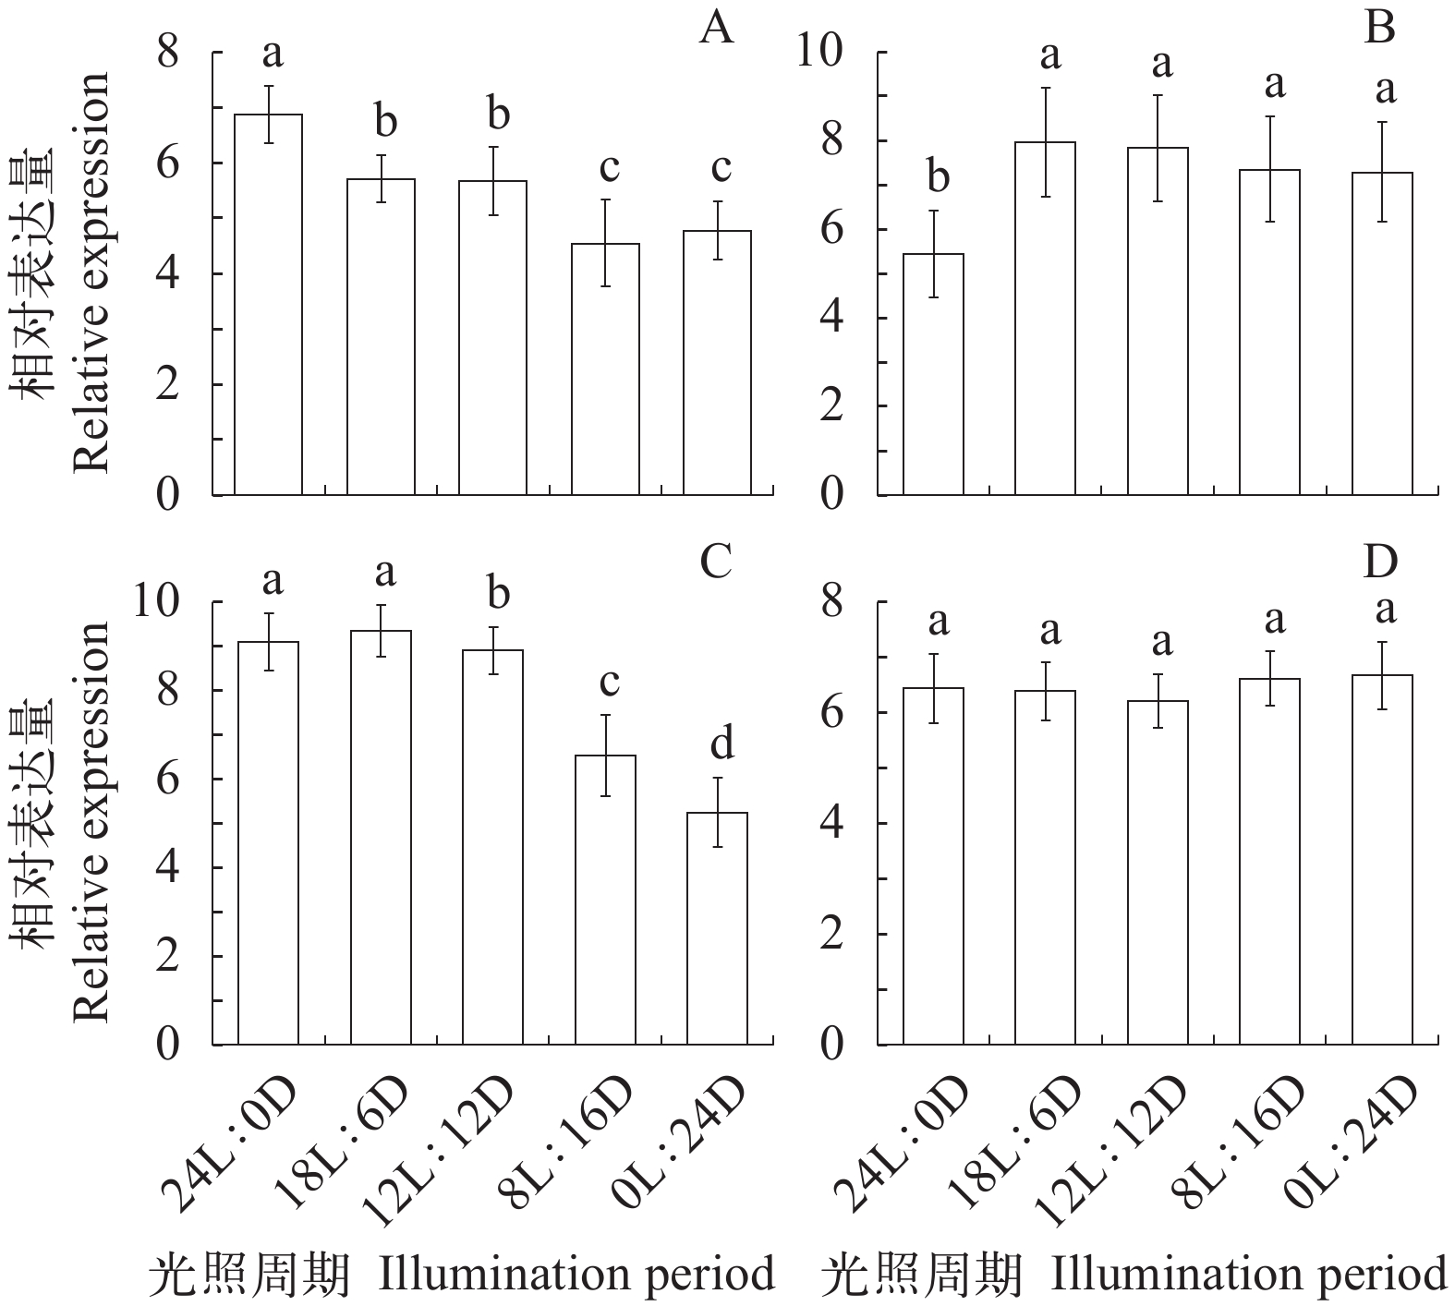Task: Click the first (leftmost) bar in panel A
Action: tap(269, 305)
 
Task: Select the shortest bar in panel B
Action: tap(933, 374)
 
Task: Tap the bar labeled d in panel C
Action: tap(718, 928)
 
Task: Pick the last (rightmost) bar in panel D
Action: tap(1382, 859)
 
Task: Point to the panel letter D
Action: tap(1380, 562)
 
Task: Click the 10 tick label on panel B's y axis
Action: tap(821, 53)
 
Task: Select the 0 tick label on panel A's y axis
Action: tap(167, 495)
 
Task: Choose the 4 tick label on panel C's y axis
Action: tap(167, 868)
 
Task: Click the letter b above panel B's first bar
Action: tap(937, 177)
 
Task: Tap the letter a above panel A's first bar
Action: tap(272, 54)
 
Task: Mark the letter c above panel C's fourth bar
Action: tap(608, 683)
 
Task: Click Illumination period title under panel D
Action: tap(1247, 1276)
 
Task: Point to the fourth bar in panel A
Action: tap(605, 369)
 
